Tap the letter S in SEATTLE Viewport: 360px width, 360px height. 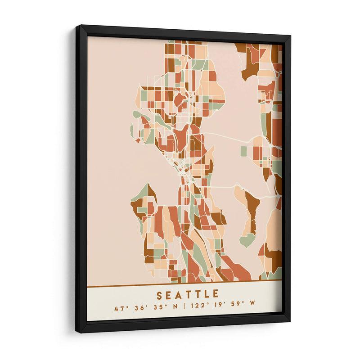coord(160,295)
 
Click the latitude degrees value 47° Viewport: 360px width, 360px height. coord(119,309)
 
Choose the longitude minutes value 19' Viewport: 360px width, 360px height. coord(218,309)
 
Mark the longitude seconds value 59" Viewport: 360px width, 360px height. coord(236,309)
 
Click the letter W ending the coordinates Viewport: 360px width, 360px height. coord(252,309)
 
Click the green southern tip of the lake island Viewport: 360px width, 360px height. coord(247,241)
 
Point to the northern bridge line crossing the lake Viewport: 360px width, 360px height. coord(225,137)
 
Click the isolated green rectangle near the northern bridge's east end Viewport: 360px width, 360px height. coord(243,151)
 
